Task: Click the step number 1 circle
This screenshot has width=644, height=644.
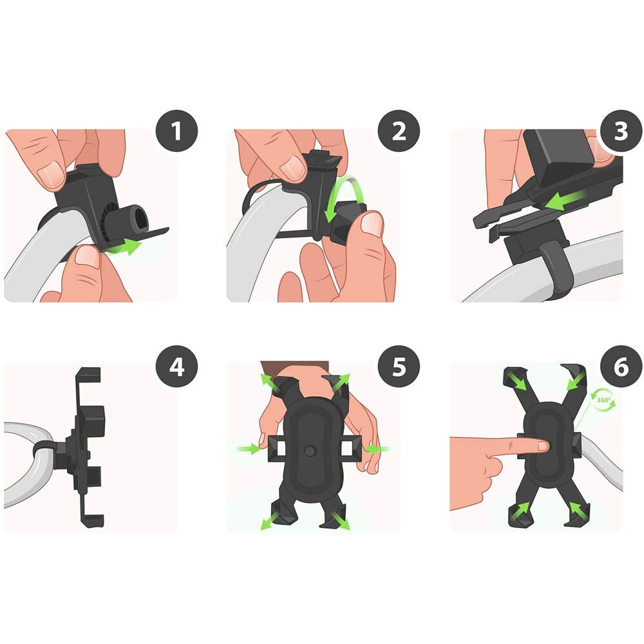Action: click(x=176, y=131)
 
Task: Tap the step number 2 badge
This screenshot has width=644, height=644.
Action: click(x=399, y=131)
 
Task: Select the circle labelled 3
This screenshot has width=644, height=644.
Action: click(x=621, y=131)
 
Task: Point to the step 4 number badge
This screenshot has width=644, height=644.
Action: click(x=176, y=366)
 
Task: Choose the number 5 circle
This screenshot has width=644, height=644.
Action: click(x=399, y=366)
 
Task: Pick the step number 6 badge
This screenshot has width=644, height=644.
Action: click(x=621, y=366)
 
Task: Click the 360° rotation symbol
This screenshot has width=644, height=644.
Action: click(x=603, y=400)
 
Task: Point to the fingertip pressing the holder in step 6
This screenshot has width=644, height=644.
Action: click(x=542, y=445)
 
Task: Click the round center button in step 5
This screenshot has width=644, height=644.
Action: click(x=310, y=451)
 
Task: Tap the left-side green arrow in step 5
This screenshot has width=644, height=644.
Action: click(x=249, y=448)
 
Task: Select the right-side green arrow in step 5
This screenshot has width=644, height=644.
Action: click(x=377, y=448)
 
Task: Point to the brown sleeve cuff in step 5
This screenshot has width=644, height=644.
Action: click(x=295, y=366)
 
